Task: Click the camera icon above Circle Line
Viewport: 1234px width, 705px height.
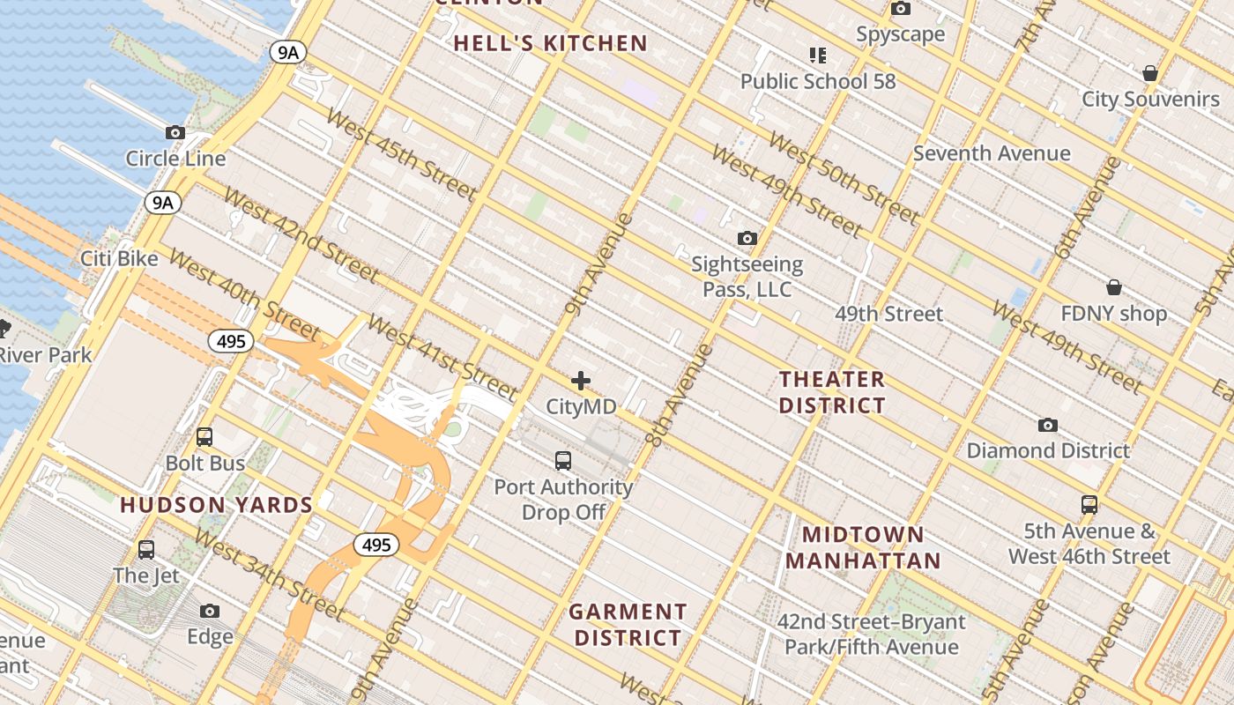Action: [175, 133]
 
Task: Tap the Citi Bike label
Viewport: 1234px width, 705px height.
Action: [119, 259]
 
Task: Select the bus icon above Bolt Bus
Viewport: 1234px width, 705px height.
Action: [204, 436]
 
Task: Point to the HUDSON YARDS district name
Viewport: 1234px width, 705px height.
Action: [217, 505]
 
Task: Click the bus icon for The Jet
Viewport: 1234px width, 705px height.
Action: [146, 550]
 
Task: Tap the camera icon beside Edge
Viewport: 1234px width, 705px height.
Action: [210, 611]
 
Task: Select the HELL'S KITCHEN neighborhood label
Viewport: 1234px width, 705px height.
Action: [551, 43]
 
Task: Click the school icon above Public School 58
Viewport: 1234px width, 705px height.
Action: [818, 56]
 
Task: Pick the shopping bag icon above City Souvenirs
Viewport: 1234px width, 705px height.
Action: [1150, 72]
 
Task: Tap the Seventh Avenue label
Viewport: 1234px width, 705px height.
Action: [992, 153]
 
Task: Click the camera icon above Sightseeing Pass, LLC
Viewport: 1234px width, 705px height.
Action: [747, 238]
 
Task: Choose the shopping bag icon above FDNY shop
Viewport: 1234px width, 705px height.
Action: [1114, 287]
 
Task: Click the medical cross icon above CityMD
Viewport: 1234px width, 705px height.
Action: [581, 381]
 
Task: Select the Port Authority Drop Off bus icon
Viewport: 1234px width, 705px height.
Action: [563, 460]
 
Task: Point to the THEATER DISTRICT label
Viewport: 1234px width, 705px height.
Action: [832, 392]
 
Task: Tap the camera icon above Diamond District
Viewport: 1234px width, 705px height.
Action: [1048, 425]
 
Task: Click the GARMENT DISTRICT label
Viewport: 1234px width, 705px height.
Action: [627, 624]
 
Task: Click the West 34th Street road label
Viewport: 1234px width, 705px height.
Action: [268, 574]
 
